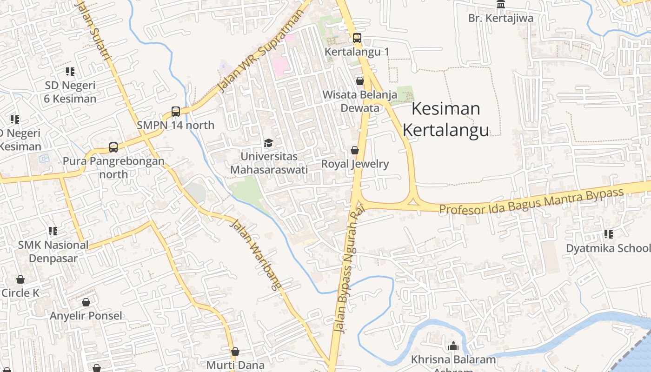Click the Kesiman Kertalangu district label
coord(445,120)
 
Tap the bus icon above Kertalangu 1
coord(357,38)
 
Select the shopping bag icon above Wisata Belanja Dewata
coord(359,81)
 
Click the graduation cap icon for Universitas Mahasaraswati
coord(268,143)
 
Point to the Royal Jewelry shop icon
coord(354,150)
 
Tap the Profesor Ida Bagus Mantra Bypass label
coord(531,200)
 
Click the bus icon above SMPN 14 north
coord(175,112)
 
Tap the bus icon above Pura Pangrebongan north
coord(113,147)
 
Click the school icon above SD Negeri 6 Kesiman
coord(70,72)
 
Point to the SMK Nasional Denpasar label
coord(53,251)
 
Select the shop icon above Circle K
coord(20,279)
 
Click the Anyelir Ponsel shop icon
coord(86,302)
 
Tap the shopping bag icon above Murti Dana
coord(235,352)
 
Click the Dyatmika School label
coord(608,248)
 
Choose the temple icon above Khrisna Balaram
coord(453,346)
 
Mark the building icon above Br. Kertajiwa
coord(501,5)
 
